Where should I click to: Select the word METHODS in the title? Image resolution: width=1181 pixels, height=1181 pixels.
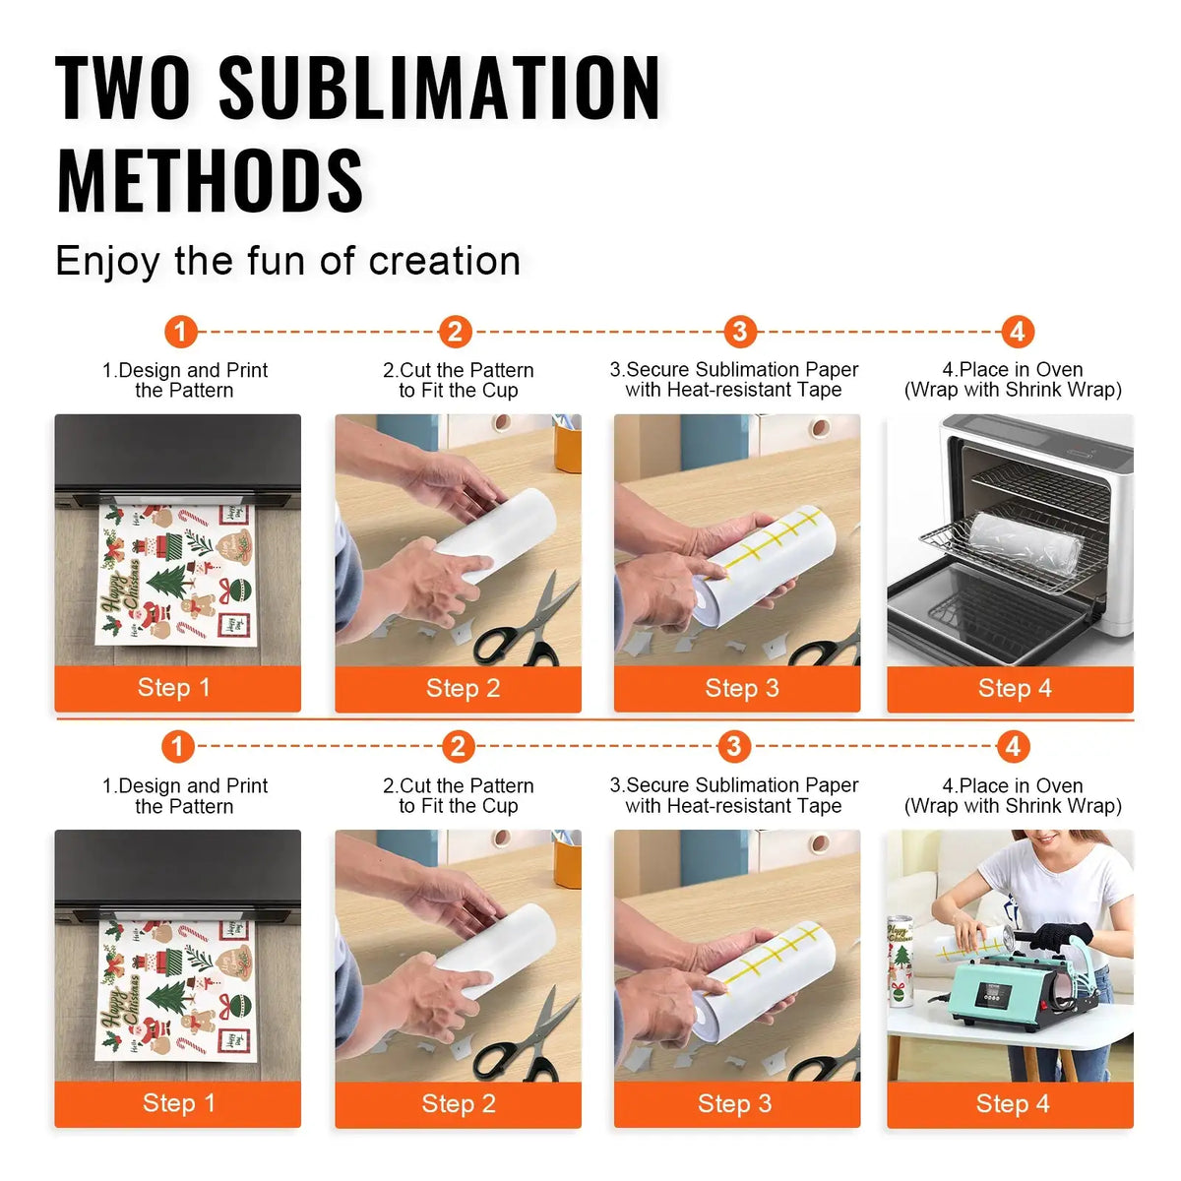point(210,181)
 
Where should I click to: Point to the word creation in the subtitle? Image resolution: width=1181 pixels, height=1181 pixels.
point(444,261)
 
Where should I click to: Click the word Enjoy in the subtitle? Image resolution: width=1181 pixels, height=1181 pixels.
point(107,262)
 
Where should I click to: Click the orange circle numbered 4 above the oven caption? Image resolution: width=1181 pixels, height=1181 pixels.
point(1017,332)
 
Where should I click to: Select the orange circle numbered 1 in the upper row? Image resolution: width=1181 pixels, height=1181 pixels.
point(180,332)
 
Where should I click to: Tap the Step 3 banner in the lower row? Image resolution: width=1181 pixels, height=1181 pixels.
point(736,1104)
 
